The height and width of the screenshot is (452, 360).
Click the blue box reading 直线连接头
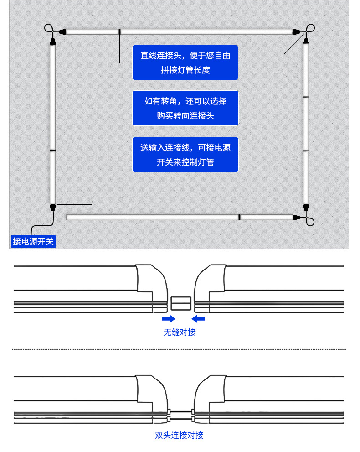(x=185, y=62)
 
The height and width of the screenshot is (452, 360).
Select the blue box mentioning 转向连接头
(x=185, y=108)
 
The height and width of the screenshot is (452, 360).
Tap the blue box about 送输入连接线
(x=185, y=155)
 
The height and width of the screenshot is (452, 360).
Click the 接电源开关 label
(x=33, y=241)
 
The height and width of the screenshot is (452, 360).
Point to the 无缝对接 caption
(x=180, y=333)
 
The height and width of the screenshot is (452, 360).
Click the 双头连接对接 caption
(x=179, y=435)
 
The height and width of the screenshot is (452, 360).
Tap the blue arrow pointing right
(x=169, y=318)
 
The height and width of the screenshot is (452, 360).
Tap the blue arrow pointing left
(x=198, y=318)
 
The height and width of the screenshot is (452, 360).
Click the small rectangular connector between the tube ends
(x=181, y=303)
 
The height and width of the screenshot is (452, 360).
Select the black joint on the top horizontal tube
(x=119, y=31)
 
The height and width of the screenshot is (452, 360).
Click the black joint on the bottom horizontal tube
(x=239, y=218)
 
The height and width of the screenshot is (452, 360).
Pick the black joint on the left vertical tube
(x=52, y=151)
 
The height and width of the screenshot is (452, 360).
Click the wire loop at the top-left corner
(x=49, y=29)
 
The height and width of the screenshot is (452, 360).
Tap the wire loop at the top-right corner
(x=310, y=28)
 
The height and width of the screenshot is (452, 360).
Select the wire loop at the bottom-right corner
(x=310, y=221)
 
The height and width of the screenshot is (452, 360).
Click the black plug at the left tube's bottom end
(x=53, y=207)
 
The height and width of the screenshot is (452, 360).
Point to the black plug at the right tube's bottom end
(x=306, y=207)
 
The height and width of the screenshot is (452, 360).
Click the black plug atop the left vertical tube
(x=53, y=42)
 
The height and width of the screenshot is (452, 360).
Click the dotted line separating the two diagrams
(x=179, y=349)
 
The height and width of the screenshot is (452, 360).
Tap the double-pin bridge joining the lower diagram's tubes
(x=181, y=415)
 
